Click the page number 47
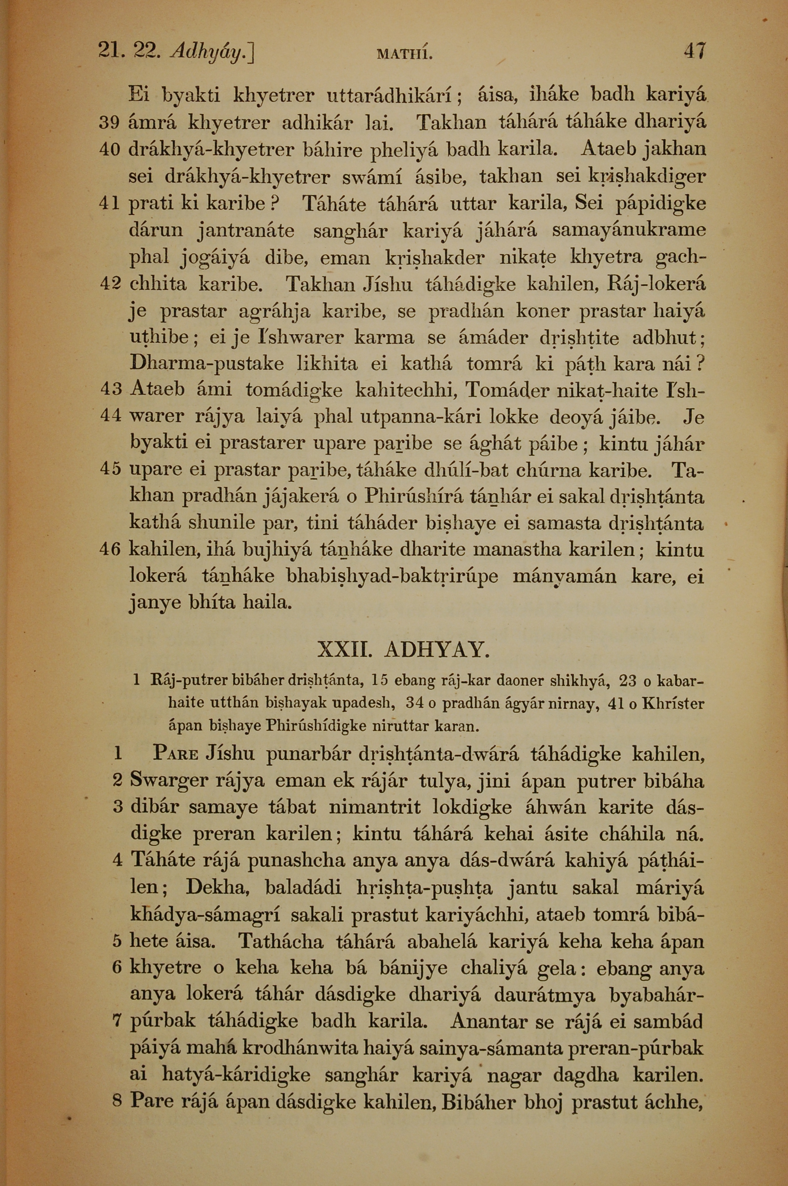(695, 52)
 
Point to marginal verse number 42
(110, 285)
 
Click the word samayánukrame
(628, 231)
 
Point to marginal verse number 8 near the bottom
(117, 1102)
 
